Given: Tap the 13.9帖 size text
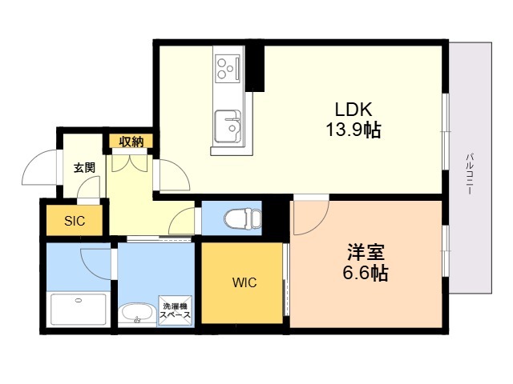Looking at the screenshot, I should (353, 130).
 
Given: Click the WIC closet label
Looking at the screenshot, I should (244, 282).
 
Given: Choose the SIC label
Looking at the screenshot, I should (74, 221).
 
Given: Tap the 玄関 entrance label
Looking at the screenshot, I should (84, 168).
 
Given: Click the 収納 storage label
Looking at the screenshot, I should (131, 142).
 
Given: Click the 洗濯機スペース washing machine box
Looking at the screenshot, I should (176, 310).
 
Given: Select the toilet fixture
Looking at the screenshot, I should (241, 217).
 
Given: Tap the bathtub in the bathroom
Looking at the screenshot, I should (78, 308).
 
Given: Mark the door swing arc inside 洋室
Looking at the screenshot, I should (309, 218).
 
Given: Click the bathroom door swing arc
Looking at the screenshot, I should (96, 261).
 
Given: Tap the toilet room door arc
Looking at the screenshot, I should (184, 219).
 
